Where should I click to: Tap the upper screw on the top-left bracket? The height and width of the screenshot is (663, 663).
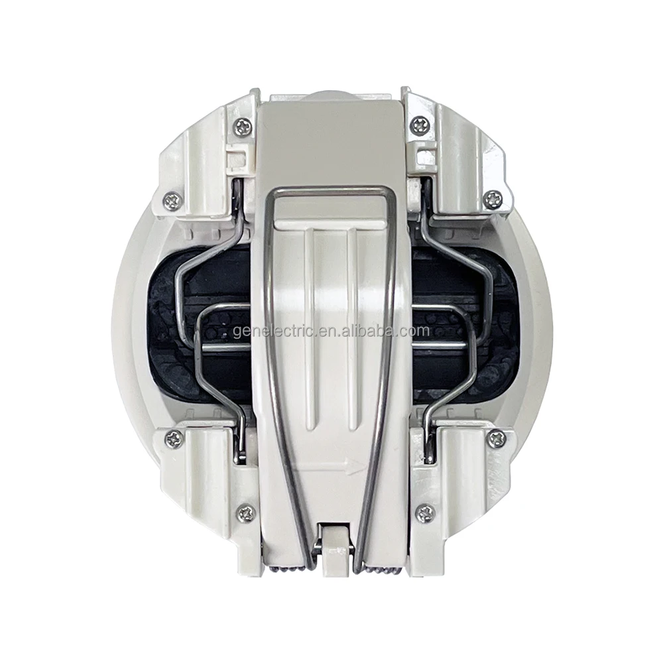tap(243, 126)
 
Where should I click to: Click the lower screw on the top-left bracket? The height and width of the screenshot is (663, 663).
tap(172, 201)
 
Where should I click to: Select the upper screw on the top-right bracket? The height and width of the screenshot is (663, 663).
tap(419, 124)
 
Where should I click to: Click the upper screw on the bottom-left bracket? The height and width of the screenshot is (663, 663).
tap(174, 438)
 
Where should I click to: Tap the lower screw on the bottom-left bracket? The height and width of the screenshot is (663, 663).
tap(246, 512)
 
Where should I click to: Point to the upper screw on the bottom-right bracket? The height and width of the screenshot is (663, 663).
tap(496, 438)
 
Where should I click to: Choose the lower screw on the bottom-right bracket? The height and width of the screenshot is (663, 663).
tap(425, 513)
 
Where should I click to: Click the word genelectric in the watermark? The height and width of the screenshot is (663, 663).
tap(272, 331)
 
